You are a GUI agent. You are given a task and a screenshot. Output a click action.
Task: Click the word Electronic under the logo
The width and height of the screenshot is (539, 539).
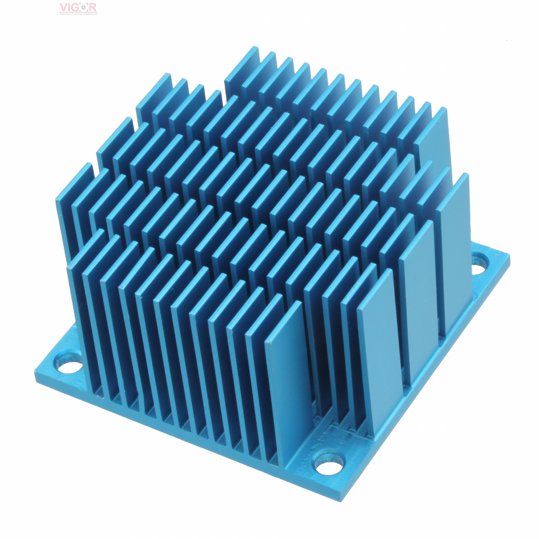pos(65,14)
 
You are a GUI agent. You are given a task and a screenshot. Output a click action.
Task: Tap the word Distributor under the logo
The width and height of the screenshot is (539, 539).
pos(92,14)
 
